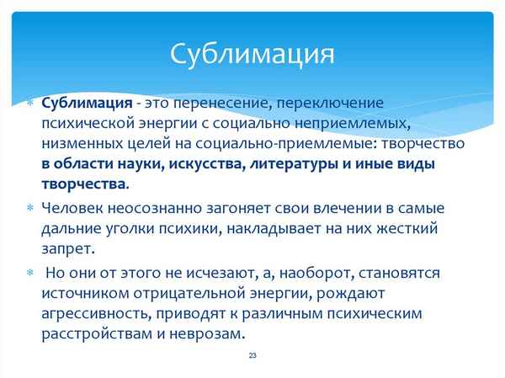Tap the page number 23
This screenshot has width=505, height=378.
(x=252, y=356)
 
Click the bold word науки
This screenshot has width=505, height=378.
(x=142, y=164)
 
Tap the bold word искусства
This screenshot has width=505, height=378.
(x=207, y=164)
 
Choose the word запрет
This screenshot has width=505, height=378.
(x=69, y=248)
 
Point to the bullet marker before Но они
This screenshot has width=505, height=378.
(x=29, y=274)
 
